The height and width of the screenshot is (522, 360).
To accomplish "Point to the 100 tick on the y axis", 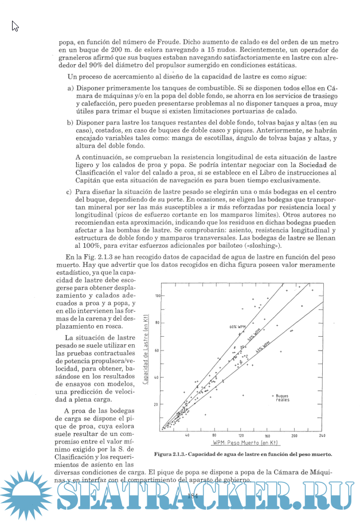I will point(156,295).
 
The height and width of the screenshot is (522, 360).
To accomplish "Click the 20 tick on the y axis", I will point(156,404).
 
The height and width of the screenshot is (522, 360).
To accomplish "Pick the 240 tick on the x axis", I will point(322,436).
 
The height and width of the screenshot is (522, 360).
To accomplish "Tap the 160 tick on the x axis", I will point(268,436).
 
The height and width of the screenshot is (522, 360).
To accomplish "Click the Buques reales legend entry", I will point(282,398).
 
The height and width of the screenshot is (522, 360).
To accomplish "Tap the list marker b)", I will point(71,123).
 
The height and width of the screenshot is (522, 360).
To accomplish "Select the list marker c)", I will point(71,192).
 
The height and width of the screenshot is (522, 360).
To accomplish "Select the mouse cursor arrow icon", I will point(15,26).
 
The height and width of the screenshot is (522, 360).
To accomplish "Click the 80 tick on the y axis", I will point(156,322).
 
